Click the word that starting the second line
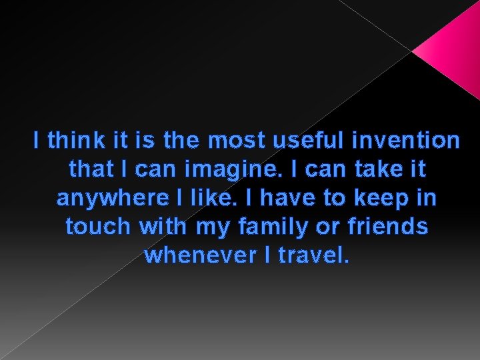point(91,170)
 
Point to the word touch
point(99,227)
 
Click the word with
point(165,227)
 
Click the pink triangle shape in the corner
point(452,50)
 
